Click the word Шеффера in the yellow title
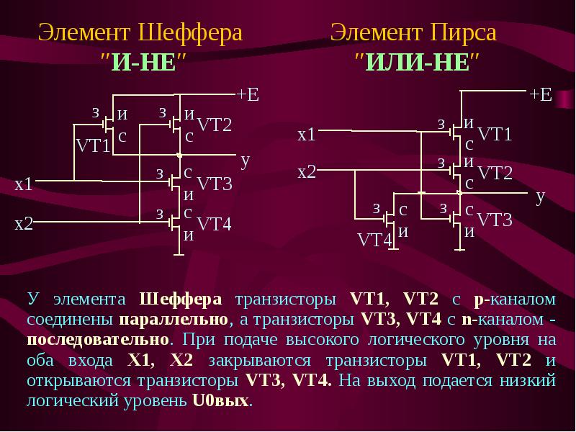191,33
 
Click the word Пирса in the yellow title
463,32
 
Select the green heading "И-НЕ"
143,62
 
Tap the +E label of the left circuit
248,94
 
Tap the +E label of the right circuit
541,94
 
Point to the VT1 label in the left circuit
93,146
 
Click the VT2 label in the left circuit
215,125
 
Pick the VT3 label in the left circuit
215,184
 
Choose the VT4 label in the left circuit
214,224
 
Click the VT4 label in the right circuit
374,240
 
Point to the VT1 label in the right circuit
495,135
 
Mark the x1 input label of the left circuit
24,184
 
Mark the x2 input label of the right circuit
307,171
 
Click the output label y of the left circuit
246,161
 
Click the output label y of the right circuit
540,197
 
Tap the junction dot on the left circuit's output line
179,156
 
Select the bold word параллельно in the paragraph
174,320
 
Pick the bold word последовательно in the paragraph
98,339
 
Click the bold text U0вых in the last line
220,400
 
